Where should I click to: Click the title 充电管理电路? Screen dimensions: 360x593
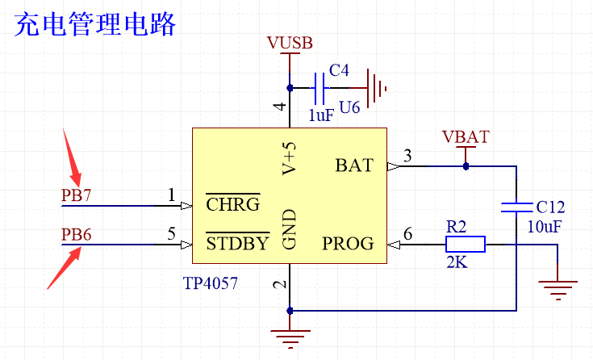pyautogui.click(x=95, y=24)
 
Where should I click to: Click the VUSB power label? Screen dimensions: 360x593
pyautogui.click(x=289, y=43)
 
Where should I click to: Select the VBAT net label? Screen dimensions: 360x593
pyautogui.click(x=466, y=136)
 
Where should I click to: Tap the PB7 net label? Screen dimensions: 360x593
pyautogui.click(x=77, y=195)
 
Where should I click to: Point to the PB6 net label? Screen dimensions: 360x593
pyautogui.click(x=77, y=235)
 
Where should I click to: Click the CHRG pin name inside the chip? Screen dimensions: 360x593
pyautogui.click(x=232, y=204)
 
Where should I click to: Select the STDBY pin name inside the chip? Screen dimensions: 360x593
pyautogui.click(x=237, y=243)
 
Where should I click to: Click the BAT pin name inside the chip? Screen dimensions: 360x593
pyautogui.click(x=354, y=166)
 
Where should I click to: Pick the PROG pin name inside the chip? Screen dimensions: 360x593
pyautogui.click(x=348, y=243)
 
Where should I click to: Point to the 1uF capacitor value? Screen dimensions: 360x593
pyautogui.click(x=320, y=115)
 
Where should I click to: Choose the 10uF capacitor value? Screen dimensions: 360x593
pyautogui.click(x=544, y=228)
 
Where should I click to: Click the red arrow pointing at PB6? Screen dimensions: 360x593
pyautogui.click(x=65, y=267)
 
